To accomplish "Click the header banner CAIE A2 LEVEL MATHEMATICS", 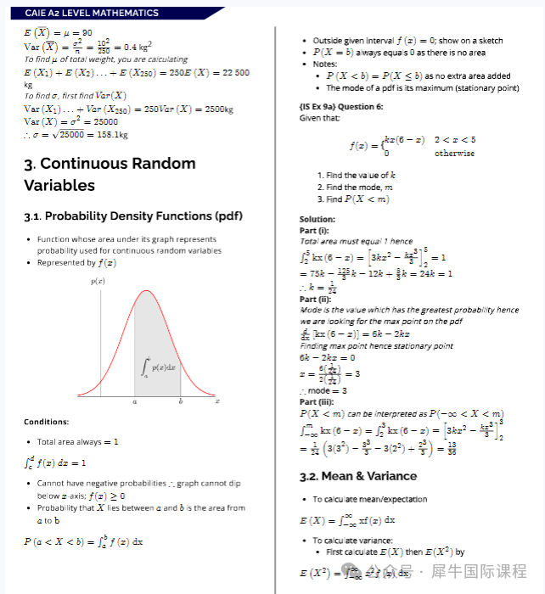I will coord(92,13).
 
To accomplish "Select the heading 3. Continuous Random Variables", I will coord(110,174).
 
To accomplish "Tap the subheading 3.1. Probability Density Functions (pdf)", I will coord(133,216).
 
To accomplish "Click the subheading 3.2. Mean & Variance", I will coord(357,476).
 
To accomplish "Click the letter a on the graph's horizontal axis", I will coord(135,402).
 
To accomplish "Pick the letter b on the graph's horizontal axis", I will coord(180,402).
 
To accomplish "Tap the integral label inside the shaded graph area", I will coord(159,367).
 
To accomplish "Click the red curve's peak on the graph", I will coord(144,292).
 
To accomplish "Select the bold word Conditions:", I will coord(47,422).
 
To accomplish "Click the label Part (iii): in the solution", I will coord(318,402).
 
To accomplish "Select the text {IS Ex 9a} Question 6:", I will coord(341,107).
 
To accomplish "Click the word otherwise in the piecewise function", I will coord(454,154).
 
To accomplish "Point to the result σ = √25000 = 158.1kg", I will coord(76,134).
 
